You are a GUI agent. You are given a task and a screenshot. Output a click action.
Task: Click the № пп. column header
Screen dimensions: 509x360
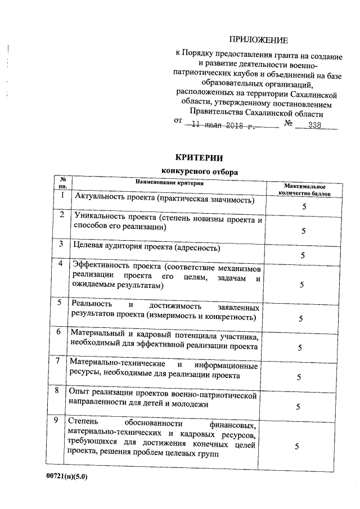click(x=63, y=183)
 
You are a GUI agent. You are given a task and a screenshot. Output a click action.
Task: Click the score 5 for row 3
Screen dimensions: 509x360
click(x=304, y=256)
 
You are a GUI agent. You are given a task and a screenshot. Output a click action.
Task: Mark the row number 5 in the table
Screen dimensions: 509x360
click(x=60, y=304)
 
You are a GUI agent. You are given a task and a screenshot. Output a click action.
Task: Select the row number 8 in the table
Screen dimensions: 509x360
click(x=60, y=390)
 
